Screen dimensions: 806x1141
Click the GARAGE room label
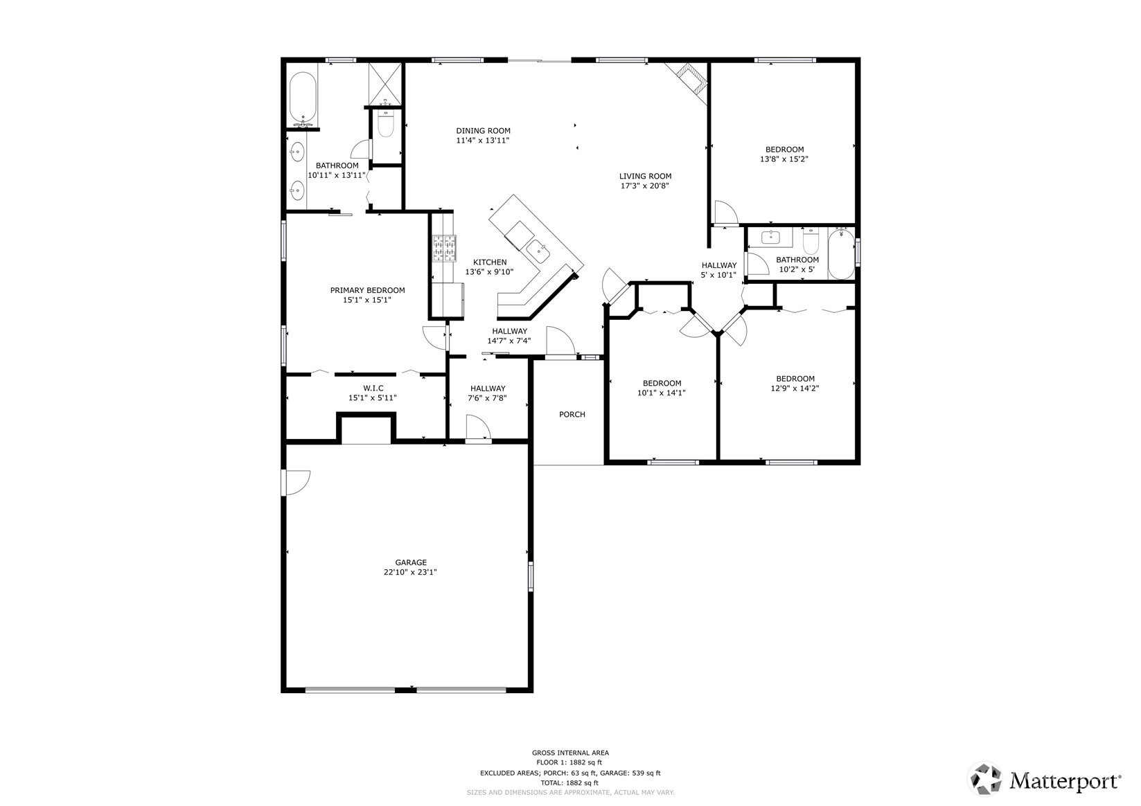411,562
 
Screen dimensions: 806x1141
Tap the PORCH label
572,415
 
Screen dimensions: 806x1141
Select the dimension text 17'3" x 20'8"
644,186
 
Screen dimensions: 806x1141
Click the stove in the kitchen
445,249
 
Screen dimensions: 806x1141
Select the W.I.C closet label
373,388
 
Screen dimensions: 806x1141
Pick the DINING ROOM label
483,131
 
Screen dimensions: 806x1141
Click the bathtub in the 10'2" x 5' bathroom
841,253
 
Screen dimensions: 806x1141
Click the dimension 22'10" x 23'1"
411,573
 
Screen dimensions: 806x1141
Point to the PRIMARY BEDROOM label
367,290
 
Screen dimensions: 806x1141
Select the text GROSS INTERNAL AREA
570,753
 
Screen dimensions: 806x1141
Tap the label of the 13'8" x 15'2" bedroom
784,150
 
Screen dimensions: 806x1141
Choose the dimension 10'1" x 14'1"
662,393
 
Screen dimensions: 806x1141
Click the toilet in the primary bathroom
386,125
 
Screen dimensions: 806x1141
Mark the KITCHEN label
490,262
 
